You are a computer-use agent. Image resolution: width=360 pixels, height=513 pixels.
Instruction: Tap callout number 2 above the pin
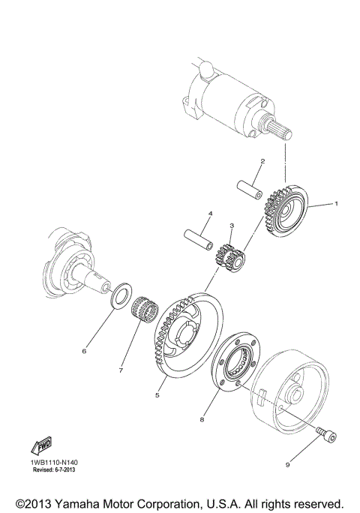[262, 161]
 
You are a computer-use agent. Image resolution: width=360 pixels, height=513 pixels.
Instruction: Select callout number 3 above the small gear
[232, 225]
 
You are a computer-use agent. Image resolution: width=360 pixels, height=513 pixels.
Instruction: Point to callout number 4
[211, 214]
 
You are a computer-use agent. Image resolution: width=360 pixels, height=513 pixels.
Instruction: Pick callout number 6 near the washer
[85, 350]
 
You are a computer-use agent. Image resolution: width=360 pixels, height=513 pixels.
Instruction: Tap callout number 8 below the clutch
[202, 421]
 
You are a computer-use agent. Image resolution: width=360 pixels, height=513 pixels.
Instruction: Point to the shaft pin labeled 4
[201, 240]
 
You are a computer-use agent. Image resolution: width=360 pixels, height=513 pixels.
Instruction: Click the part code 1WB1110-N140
[55, 463]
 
